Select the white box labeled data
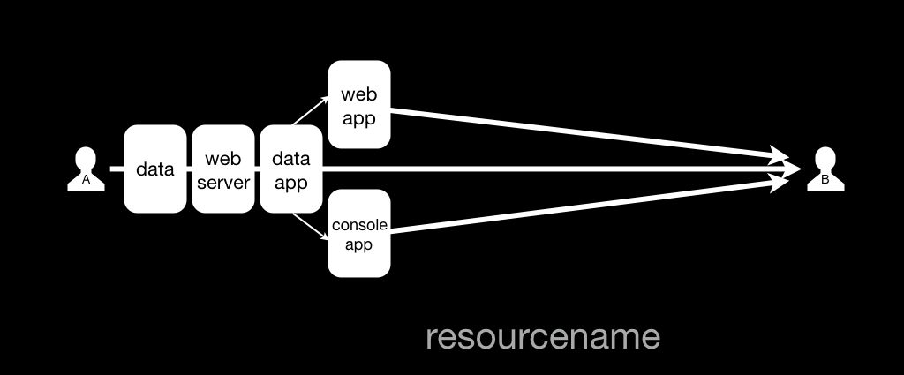(x=155, y=169)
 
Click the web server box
(x=223, y=169)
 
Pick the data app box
(x=291, y=169)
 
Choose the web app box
(x=359, y=104)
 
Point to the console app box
(x=359, y=233)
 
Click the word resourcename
(x=543, y=337)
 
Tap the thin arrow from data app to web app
(x=310, y=110)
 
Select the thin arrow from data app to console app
(x=310, y=227)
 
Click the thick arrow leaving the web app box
(x=589, y=134)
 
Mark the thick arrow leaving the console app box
(x=589, y=205)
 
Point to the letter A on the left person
(x=86, y=180)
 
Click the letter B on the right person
(x=825, y=180)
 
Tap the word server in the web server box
(x=223, y=183)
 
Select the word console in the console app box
(x=359, y=225)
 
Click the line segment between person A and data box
(x=117, y=169)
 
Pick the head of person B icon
(x=825, y=158)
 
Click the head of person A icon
(x=86, y=158)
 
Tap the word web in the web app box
(x=358, y=94)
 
